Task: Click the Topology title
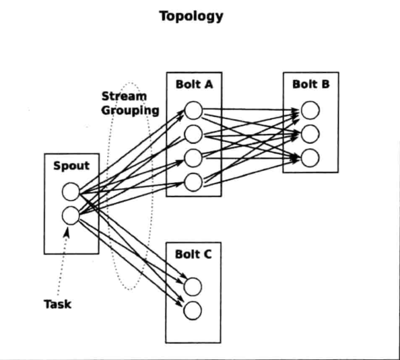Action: pyautogui.click(x=191, y=17)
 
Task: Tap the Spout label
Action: pyautogui.click(x=71, y=166)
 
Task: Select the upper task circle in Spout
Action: pyautogui.click(x=71, y=192)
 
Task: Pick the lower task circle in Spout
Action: pyautogui.click(x=71, y=216)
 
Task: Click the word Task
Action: pyautogui.click(x=57, y=304)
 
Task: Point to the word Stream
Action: pyautogui.click(x=124, y=96)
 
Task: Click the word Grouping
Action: pyautogui.click(x=131, y=110)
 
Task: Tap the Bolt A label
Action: pyautogui.click(x=194, y=84)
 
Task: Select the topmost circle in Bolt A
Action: pyautogui.click(x=193, y=110)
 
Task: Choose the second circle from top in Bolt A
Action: pyautogui.click(x=193, y=134)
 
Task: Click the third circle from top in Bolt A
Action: pyautogui.click(x=193, y=158)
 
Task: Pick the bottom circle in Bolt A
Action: pyautogui.click(x=193, y=182)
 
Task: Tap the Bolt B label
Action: pyautogui.click(x=310, y=84)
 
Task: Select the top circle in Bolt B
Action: pyautogui.click(x=310, y=110)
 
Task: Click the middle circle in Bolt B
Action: pyautogui.click(x=310, y=134)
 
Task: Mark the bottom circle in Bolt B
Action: pyautogui.click(x=310, y=158)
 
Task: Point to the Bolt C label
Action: pyautogui.click(x=193, y=254)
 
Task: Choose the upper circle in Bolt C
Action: pyautogui.click(x=193, y=287)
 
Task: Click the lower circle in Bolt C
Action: pyautogui.click(x=193, y=310)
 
